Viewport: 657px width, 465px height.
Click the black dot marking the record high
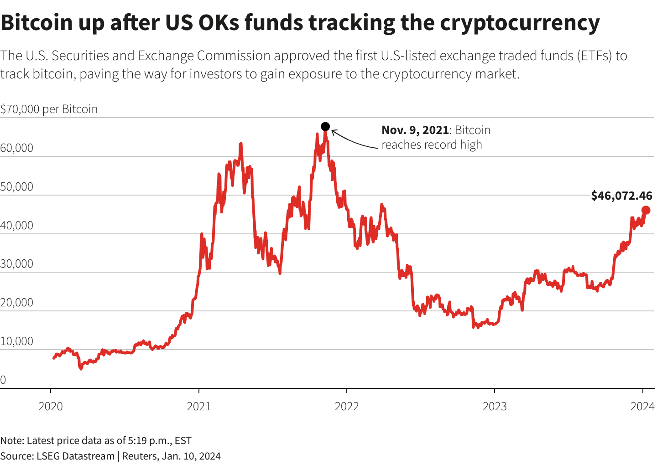point(325,126)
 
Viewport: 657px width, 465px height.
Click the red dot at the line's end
point(646,210)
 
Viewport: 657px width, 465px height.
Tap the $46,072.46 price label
point(621,196)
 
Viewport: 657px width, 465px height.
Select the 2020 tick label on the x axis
point(51,406)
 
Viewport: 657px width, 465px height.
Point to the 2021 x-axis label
point(199,406)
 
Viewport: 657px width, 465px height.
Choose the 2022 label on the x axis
point(347,406)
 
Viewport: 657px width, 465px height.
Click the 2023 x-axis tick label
point(495,406)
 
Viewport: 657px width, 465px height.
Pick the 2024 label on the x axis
point(642,406)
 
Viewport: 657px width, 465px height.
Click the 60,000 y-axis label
point(17,148)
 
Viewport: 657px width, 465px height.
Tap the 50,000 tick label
point(17,187)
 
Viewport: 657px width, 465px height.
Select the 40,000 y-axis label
point(17,226)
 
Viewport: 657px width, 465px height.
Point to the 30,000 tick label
point(17,264)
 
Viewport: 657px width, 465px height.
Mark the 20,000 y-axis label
point(17,303)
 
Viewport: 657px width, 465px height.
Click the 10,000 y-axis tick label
point(17,341)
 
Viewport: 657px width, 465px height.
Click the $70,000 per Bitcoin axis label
point(49,109)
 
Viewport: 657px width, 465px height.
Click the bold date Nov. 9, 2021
point(415,130)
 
